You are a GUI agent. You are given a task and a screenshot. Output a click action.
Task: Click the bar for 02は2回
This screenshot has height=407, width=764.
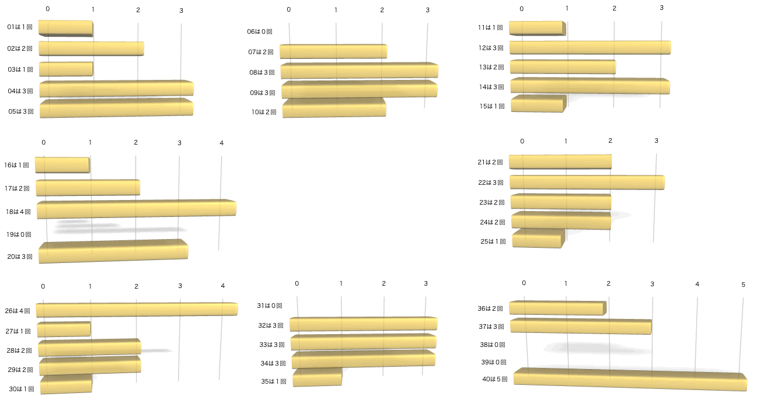coord(91,49)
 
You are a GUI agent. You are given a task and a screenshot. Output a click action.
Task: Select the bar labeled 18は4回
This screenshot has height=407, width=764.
coord(136,209)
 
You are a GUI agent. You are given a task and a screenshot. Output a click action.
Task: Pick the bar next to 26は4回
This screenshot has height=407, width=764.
coord(137,310)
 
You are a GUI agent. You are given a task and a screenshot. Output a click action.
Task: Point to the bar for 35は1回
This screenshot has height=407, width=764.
coord(317,378)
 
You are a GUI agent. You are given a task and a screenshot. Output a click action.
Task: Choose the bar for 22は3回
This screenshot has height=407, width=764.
coord(587,183)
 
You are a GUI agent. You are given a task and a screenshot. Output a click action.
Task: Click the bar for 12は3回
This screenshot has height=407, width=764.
coord(589,48)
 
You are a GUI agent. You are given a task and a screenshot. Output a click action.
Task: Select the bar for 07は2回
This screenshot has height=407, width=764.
coord(333,52)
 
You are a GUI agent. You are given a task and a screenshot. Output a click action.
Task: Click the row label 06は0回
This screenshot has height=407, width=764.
coord(260,32)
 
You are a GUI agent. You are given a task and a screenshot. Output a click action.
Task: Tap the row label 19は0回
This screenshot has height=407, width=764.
coord(19,234)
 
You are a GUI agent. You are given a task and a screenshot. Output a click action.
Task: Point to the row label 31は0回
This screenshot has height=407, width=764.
coord(270,306)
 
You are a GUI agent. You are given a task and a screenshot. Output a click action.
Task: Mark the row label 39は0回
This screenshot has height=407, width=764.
coord(494,362)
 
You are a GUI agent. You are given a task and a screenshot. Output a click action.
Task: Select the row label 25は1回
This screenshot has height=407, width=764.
coord(493,241)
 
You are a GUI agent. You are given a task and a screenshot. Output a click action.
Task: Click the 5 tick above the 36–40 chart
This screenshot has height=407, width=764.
coord(744,285)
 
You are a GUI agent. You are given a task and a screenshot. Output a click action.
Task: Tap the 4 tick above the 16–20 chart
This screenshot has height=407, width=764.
coord(222,143)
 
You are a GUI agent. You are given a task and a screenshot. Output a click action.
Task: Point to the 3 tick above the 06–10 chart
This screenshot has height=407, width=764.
coord(428,10)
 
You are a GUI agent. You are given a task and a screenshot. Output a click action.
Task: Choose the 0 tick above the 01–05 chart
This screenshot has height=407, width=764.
coord(48,9)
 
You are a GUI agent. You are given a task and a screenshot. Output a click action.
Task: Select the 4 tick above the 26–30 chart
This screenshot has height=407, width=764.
coord(223,286)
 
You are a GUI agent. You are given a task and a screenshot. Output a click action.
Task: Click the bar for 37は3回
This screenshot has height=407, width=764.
coord(581,327)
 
